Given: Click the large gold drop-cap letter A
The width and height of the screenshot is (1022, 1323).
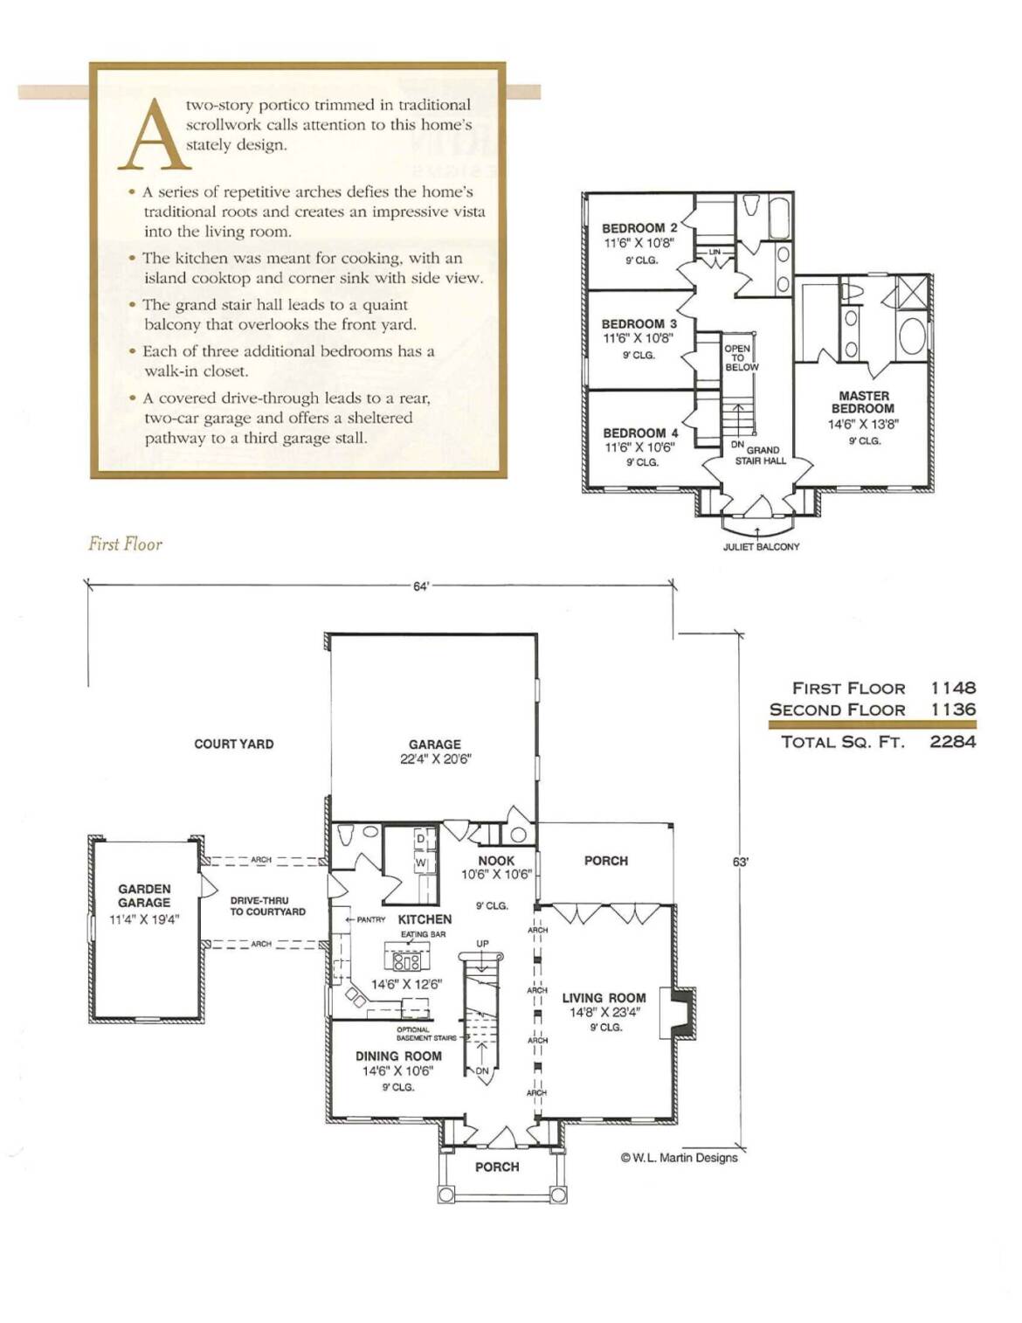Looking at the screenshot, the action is (155, 135).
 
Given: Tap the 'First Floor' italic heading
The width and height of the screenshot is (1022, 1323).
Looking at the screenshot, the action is (125, 543).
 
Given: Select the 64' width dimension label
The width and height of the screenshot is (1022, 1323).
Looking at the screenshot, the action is (421, 585).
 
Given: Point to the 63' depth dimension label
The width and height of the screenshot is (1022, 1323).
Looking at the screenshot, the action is (740, 862).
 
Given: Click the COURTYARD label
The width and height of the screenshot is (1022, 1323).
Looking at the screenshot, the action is (233, 744).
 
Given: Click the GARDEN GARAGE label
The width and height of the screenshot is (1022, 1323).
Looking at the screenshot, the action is (144, 896).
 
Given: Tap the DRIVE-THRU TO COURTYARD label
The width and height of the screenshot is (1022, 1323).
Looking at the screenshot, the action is (267, 906).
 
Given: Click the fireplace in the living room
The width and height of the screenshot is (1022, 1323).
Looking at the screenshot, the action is (681, 1013).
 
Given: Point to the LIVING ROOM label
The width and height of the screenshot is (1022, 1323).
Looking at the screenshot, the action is (604, 997).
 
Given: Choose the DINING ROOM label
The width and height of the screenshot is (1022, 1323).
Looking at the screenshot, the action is (398, 1056).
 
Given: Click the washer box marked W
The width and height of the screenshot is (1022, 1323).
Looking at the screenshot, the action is (420, 862).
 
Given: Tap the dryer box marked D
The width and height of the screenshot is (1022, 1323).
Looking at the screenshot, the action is (420, 838).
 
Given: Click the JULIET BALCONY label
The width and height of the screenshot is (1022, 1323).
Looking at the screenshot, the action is (761, 547).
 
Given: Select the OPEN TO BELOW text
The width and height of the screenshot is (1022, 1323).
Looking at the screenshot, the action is (742, 358).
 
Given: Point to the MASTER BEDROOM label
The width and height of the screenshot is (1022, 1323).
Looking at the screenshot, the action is (863, 402).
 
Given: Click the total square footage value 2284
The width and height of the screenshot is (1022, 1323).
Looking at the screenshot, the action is (953, 742).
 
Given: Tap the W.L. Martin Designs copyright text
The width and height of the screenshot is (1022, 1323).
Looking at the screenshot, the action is (679, 1157).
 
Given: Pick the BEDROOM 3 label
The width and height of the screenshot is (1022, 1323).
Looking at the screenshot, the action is (639, 324).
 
